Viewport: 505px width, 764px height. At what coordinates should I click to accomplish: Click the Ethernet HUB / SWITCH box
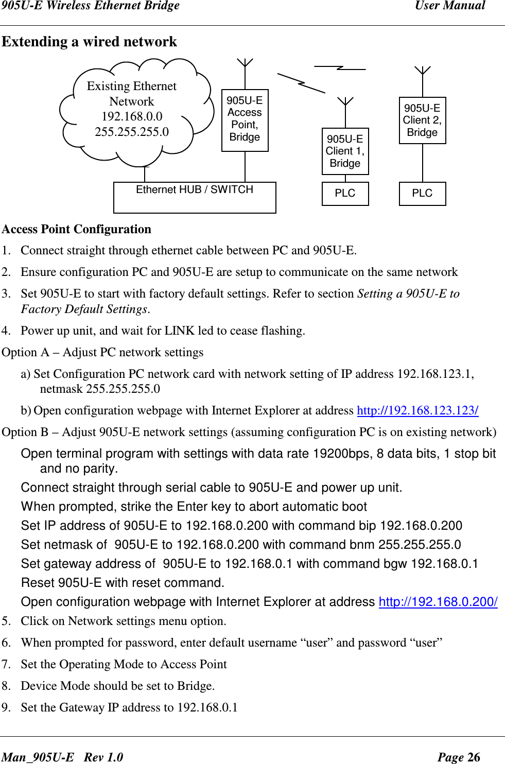coord(195,197)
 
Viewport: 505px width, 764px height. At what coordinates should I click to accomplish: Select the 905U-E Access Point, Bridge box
coord(245,120)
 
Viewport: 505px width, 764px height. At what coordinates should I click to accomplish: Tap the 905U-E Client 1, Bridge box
coord(345,151)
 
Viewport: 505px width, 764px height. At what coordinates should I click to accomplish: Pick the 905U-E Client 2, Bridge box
coord(422,120)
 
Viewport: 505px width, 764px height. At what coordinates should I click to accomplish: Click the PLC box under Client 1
coord(345,194)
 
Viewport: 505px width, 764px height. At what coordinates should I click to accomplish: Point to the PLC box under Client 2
coord(422,194)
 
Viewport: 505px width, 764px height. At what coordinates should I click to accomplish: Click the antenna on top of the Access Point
coord(245,63)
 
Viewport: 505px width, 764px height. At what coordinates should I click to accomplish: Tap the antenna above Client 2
coord(422,71)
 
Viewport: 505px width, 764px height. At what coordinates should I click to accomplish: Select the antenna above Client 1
coord(345,101)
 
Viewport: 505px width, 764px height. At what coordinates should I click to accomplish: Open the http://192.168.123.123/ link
coord(417,410)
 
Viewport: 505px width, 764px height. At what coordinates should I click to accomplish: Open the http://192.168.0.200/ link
coord(438,602)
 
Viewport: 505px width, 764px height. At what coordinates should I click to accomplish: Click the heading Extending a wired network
coord(89,41)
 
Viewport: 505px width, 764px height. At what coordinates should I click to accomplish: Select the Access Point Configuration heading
coord(77,229)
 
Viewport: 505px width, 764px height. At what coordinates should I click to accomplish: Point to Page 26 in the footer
coord(458,757)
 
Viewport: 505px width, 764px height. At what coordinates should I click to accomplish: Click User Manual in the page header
coord(450,6)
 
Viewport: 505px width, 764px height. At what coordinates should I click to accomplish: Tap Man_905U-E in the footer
coord(38,757)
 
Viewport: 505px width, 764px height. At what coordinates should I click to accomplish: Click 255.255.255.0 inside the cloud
coord(132,132)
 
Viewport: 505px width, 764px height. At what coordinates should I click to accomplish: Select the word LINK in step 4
coord(180,331)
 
